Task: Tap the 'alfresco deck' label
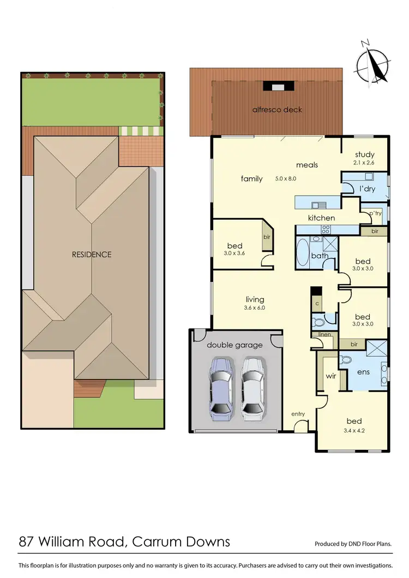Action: click(x=277, y=110)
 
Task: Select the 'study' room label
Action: click(x=364, y=155)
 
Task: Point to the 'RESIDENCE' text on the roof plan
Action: click(x=92, y=255)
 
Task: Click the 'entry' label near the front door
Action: click(x=298, y=414)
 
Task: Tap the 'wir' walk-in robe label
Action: click(x=330, y=376)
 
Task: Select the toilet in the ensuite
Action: click(x=345, y=360)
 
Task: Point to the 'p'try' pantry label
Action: click(x=375, y=213)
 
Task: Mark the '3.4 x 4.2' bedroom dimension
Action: click(x=354, y=431)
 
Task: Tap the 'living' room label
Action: click(x=255, y=299)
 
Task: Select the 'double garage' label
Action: click(x=234, y=345)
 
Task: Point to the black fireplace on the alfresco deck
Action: click(x=278, y=86)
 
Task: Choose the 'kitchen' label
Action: click(x=322, y=218)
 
